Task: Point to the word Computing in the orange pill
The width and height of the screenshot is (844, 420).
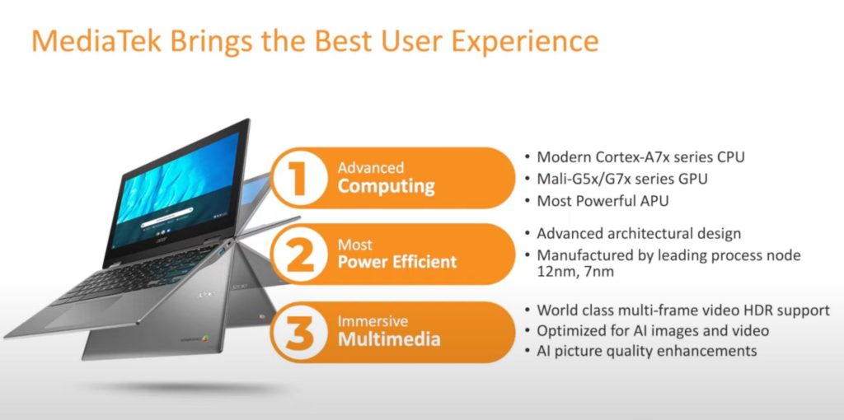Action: point(386,187)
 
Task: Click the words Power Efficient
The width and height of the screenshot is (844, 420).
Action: point(397,263)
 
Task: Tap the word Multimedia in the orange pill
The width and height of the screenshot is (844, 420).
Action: point(389,340)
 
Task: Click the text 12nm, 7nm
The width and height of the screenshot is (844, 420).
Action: point(575,272)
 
